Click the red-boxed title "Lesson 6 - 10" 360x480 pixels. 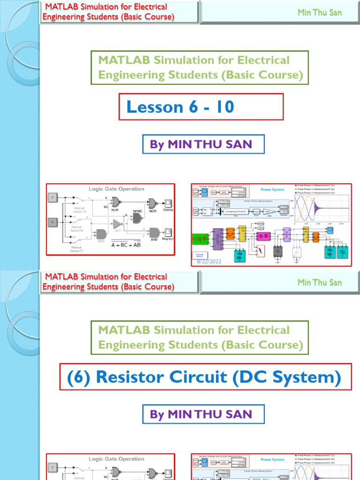coord(180,107)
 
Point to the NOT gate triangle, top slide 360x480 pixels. coord(118,225)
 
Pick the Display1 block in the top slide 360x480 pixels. coord(168,232)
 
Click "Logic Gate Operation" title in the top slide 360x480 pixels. coord(117,189)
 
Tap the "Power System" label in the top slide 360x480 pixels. coord(272,190)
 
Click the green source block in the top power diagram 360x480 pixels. coord(201,240)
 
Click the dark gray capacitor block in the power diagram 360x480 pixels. coord(278,251)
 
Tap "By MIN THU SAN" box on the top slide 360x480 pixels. coord(203,144)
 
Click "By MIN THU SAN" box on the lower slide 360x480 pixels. coord(203,414)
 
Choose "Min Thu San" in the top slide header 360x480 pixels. coord(320,13)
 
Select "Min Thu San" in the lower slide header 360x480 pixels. coord(320,283)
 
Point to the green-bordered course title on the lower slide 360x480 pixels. coord(200,337)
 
